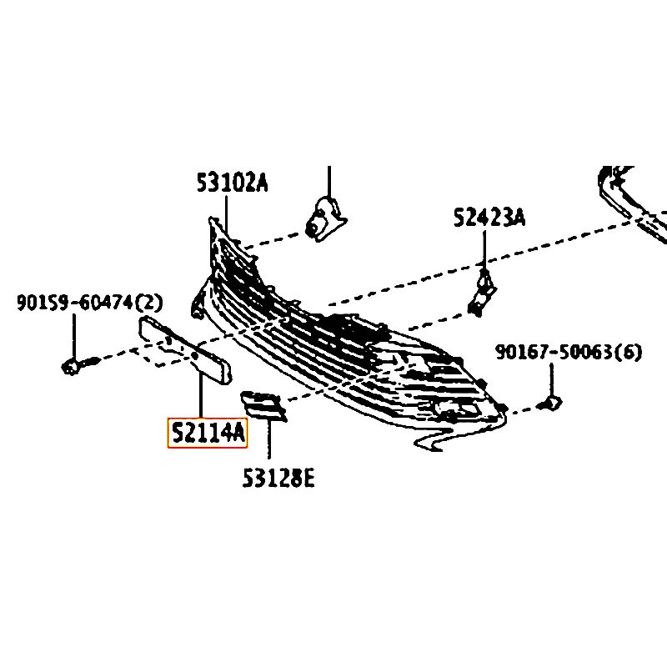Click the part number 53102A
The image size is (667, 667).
point(233,183)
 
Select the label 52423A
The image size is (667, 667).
point(489,218)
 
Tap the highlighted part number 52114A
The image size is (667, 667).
point(208,433)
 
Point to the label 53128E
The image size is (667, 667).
point(278,478)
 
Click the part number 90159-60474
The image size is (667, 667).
point(75,303)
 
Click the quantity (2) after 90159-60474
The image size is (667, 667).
point(149,303)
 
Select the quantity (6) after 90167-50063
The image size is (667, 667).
point(629,352)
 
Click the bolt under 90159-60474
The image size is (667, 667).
point(79,365)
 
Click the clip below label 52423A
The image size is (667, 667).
point(482,294)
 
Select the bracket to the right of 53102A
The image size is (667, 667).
point(326,220)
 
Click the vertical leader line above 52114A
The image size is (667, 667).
point(200,394)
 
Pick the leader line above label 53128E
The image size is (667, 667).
point(268,439)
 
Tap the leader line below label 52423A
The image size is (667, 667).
point(484,250)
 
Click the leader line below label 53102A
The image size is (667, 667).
point(226,215)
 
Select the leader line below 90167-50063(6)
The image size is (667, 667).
point(551,381)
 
